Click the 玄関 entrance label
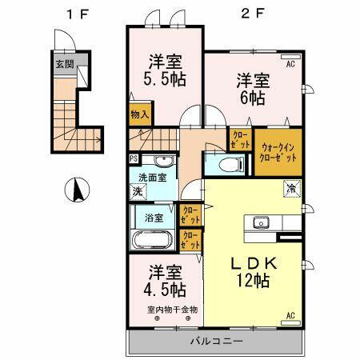pyautogui.click(x=62, y=62)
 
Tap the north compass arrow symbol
pyautogui.click(x=77, y=190)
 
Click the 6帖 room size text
pyautogui.click(x=252, y=98)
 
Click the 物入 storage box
pyautogui.click(x=140, y=114)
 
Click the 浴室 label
pyautogui.click(x=154, y=217)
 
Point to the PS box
pyautogui.click(x=133, y=158)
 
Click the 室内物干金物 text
pyautogui.click(x=171, y=310)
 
